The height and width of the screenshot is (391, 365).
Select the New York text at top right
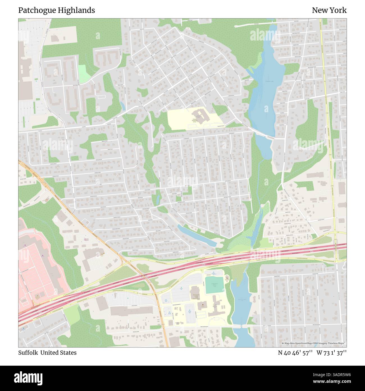click(329, 10)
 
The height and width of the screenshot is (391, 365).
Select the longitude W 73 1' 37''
click(332, 352)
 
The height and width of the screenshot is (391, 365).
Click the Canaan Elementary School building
click(200, 116)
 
